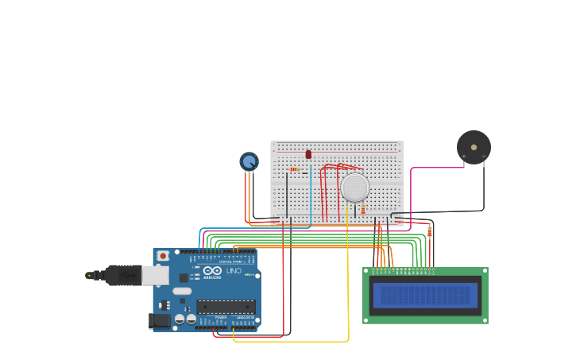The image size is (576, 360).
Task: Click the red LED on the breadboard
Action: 308,154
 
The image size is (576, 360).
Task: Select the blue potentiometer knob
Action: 249,161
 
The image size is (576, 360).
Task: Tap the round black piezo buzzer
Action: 474,147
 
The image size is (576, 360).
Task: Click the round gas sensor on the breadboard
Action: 354,188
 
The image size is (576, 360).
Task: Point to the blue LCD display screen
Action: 425,296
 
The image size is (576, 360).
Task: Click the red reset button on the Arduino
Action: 163,256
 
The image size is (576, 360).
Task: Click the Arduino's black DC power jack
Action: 159,320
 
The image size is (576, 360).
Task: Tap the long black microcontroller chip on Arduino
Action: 226,306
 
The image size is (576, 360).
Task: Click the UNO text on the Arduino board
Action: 234,271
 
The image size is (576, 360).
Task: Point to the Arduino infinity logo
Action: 211,270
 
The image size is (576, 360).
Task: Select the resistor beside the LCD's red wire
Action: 430,231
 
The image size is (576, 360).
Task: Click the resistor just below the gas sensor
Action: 363,209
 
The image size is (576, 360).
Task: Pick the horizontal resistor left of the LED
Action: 295,169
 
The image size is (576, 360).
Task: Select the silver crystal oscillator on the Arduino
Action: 182,291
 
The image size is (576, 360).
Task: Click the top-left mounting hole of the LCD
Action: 366,271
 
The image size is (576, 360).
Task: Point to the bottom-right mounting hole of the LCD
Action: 484,319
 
